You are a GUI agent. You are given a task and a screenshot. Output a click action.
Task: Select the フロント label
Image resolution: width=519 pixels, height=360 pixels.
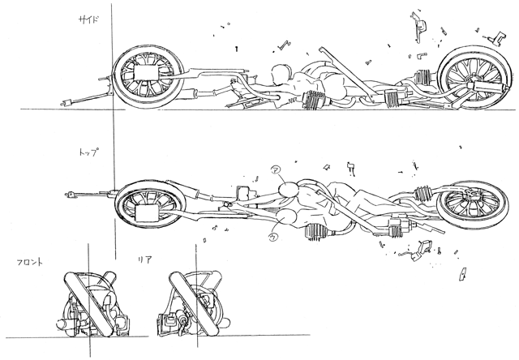point(28,263)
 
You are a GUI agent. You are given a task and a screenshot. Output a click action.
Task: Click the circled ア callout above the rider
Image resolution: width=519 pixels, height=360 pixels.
point(275,171)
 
